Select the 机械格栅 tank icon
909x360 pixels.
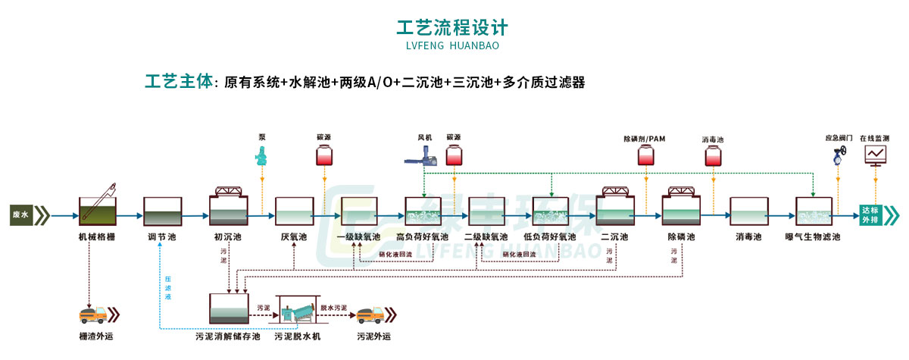[98, 206]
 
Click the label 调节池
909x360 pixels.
[162, 237]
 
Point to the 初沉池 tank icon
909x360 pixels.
[228, 207]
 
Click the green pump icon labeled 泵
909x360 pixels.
[261, 156]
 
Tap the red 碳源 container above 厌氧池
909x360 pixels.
[324, 156]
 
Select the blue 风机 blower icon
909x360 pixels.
[422, 155]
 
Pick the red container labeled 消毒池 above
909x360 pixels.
[713, 155]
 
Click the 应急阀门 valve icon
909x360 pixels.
[839, 158]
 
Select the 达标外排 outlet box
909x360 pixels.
[874, 215]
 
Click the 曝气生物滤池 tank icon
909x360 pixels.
[815, 211]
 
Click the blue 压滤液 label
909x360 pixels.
[168, 288]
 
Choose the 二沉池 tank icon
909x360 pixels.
[616, 207]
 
